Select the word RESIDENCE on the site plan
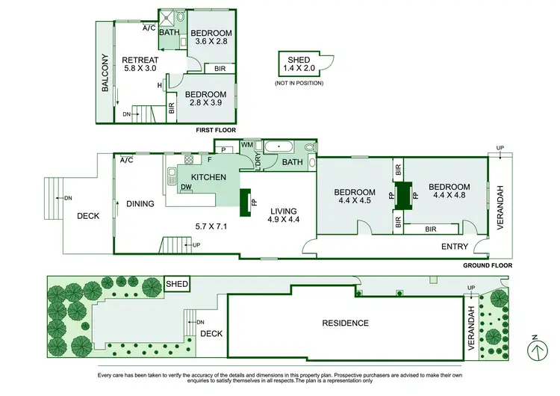click(346, 323)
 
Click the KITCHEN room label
click(208, 177)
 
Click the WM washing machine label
click(247, 144)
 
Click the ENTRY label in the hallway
click(455, 246)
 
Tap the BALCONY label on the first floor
click(105, 74)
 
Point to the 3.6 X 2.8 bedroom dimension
click(210, 42)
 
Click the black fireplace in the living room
click(244, 201)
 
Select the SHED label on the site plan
click(176, 284)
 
